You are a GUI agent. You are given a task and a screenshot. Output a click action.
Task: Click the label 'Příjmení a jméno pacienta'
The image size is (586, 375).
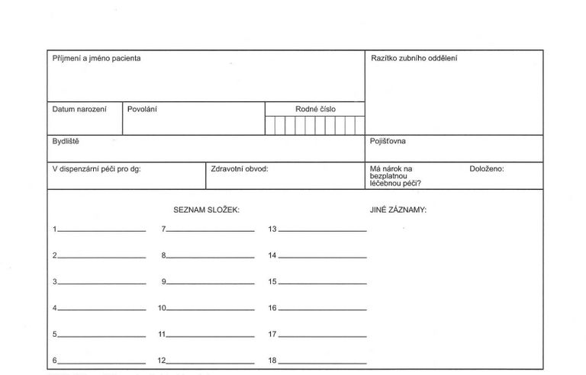pos(96,59)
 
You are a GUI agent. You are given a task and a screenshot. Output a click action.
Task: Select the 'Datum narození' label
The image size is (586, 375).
pos(79,109)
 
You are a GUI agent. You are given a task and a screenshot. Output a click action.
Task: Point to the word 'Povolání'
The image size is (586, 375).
pos(142,109)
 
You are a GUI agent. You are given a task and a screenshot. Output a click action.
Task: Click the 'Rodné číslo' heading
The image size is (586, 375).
pos(315,109)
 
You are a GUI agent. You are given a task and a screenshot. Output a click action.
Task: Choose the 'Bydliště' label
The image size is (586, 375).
pos(66,141)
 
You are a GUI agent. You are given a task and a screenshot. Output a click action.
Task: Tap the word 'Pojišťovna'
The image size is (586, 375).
pos(388,141)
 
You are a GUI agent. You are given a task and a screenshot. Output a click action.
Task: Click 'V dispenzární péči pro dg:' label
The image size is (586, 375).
pos(96,168)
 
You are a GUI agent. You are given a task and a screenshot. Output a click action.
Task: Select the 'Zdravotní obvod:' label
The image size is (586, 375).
pos(240,168)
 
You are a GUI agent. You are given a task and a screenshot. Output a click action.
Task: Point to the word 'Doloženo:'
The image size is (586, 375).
pos(487,168)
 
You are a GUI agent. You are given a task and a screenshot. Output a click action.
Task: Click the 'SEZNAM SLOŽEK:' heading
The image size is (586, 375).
pos(207,209)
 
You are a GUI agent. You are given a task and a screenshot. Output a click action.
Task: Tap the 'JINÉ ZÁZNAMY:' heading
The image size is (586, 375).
pos(393,209)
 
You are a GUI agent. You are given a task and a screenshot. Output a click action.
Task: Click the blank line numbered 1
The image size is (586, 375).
pos(101,230)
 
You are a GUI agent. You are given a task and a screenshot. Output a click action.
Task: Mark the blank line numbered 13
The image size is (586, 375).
pos(323,230)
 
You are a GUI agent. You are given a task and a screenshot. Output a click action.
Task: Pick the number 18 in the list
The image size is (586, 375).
pos(272,361)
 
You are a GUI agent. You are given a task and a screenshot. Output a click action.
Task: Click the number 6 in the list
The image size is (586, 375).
pos(55,361)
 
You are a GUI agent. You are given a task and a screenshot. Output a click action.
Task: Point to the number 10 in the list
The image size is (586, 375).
pos(162,309)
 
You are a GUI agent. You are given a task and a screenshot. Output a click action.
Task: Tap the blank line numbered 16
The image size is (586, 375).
pos(323,309)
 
